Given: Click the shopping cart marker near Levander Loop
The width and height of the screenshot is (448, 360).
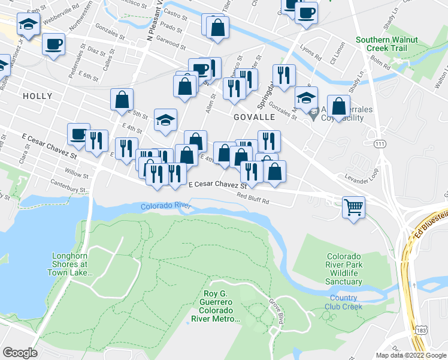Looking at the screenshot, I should [354, 208].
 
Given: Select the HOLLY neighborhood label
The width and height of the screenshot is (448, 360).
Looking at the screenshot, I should [37, 96].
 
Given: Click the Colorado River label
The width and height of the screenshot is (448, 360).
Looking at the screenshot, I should [166, 206].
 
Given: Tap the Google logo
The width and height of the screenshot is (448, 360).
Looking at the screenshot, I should [20, 353].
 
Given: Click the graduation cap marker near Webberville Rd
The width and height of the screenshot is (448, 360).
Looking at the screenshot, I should [28, 25].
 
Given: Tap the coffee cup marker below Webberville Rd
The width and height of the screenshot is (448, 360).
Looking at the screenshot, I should [53, 44].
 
